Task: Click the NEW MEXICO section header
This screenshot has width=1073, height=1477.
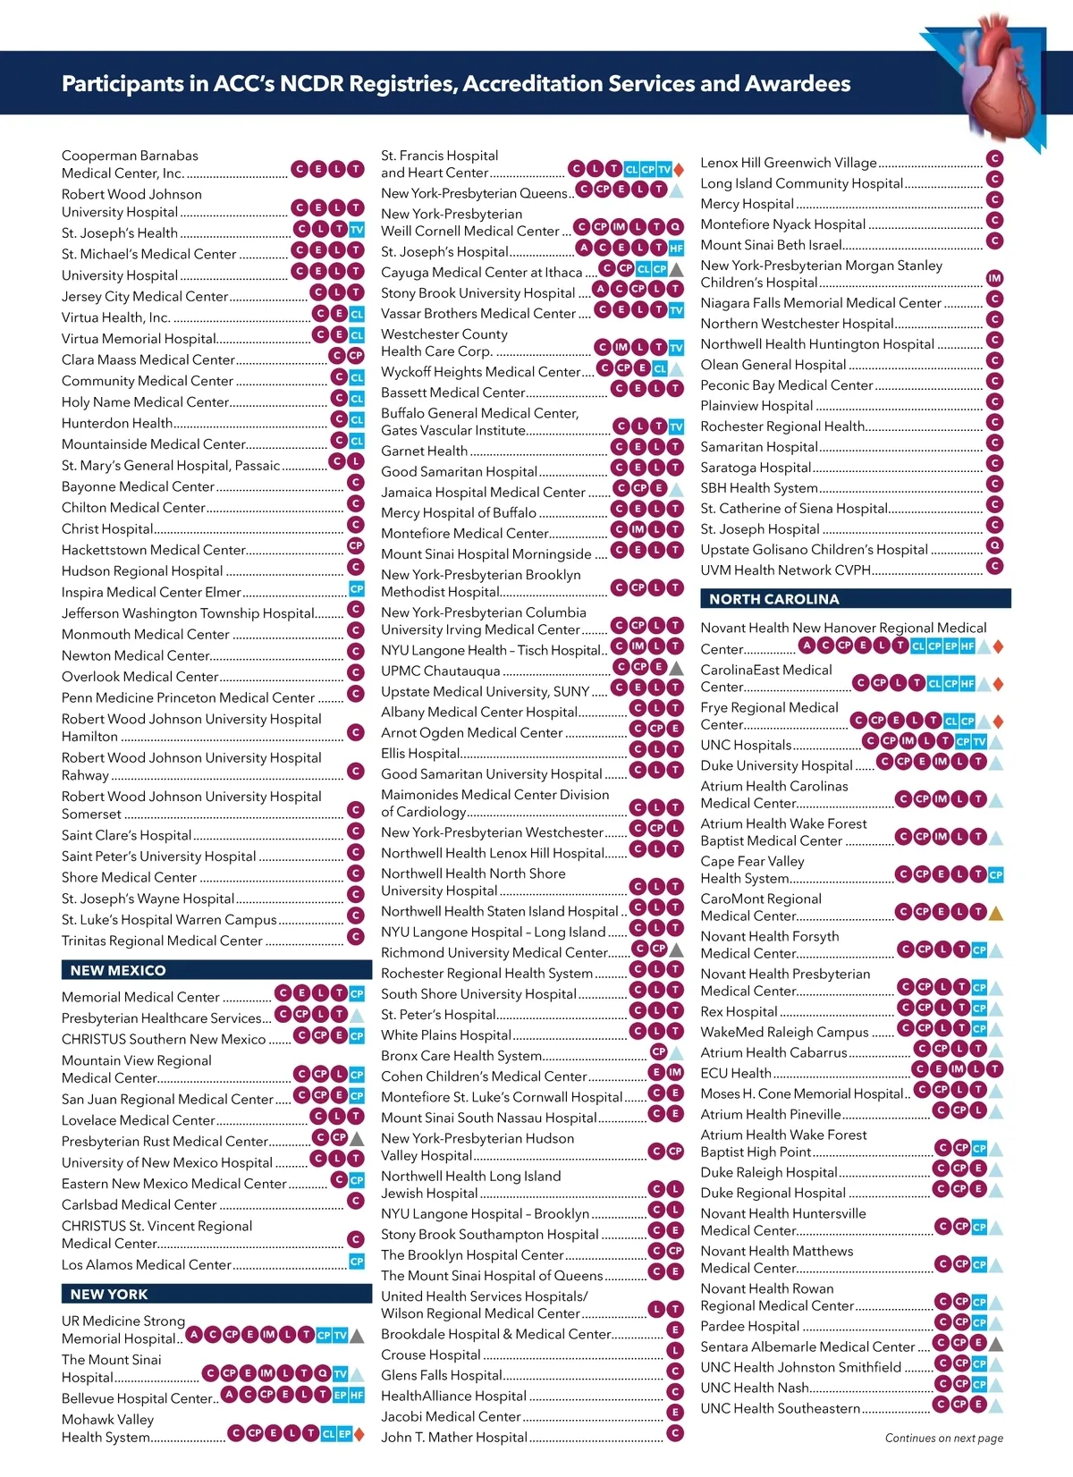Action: pyautogui.click(x=118, y=970)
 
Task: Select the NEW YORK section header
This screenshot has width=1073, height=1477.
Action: pyautogui.click(x=109, y=1294)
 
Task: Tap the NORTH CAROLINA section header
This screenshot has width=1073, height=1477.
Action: pyautogui.click(x=773, y=599)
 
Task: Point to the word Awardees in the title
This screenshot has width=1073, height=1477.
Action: pyautogui.click(x=798, y=84)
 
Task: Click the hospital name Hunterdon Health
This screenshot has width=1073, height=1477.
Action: pyautogui.click(x=117, y=423)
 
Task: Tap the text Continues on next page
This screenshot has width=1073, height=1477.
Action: pyautogui.click(x=943, y=1439)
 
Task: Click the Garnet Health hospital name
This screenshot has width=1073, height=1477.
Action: pyautogui.click(x=424, y=451)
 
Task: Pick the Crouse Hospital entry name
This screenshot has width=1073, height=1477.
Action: pyautogui.click(x=431, y=1355)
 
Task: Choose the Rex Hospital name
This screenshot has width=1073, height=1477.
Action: pyautogui.click(x=739, y=1011)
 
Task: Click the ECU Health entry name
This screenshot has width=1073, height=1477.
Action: pyautogui.click(x=735, y=1073)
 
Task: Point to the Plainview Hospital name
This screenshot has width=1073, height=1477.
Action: pyautogui.click(x=756, y=406)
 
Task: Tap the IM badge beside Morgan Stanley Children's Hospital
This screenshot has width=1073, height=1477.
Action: pyautogui.click(x=994, y=279)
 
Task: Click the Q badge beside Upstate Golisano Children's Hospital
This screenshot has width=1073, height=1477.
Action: pyautogui.click(x=994, y=545)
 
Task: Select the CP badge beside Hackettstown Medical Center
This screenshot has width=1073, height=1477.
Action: pyautogui.click(x=356, y=545)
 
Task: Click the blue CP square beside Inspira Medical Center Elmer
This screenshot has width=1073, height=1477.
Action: pyautogui.click(x=356, y=588)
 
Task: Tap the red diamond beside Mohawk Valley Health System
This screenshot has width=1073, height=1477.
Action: pyautogui.click(x=359, y=1434)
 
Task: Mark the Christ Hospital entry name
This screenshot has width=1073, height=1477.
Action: pyautogui.click(x=107, y=528)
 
